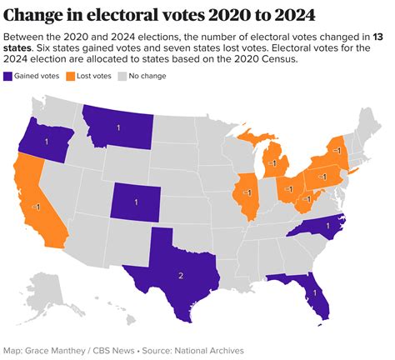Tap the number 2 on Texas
click(x=180, y=275)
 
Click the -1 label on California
click(x=36, y=205)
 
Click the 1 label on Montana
click(x=117, y=127)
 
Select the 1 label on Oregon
click(x=46, y=142)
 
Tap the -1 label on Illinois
click(x=247, y=192)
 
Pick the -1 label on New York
click(x=337, y=149)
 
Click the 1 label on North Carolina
click(x=327, y=226)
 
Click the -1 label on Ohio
click(x=288, y=189)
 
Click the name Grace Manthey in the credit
click(x=62, y=350)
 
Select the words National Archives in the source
click(x=205, y=350)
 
